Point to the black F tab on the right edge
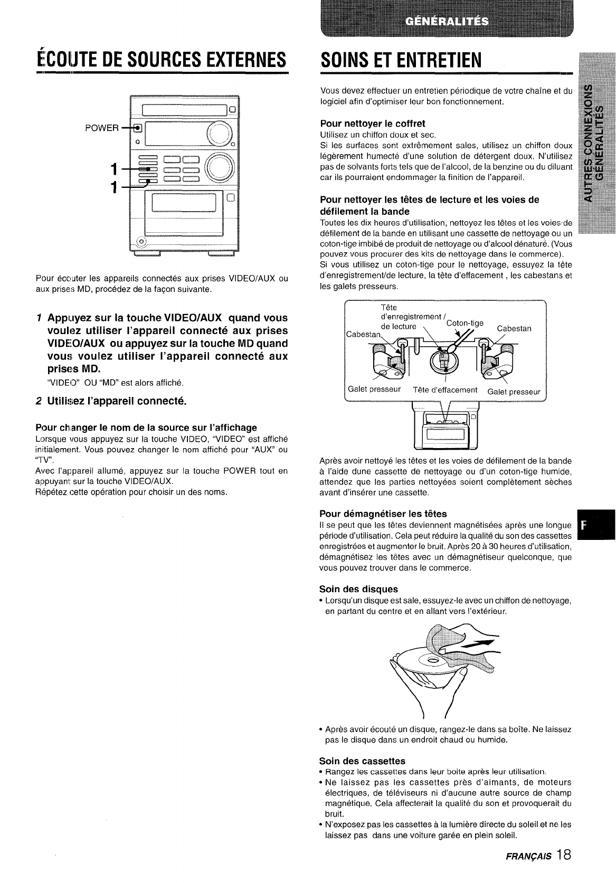click(596, 525)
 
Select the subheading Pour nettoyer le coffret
click(373, 124)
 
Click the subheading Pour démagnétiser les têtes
click(383, 514)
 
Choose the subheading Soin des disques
click(358, 588)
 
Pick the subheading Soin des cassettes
click(362, 761)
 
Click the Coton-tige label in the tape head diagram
click(465, 323)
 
